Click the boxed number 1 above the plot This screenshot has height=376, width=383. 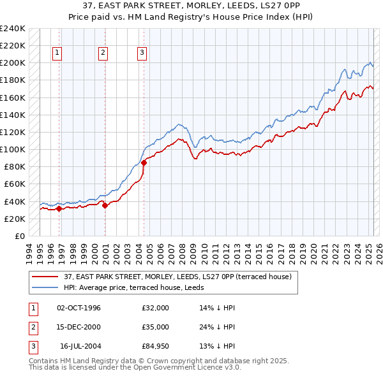[x=57, y=54]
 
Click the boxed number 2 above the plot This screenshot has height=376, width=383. [x=103, y=54]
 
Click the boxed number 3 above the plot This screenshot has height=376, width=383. [x=142, y=54]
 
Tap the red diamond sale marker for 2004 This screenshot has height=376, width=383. [x=144, y=163]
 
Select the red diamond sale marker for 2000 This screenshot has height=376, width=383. [x=105, y=205]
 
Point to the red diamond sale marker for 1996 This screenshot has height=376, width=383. [x=59, y=208]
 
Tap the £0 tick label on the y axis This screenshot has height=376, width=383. [x=20, y=236]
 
